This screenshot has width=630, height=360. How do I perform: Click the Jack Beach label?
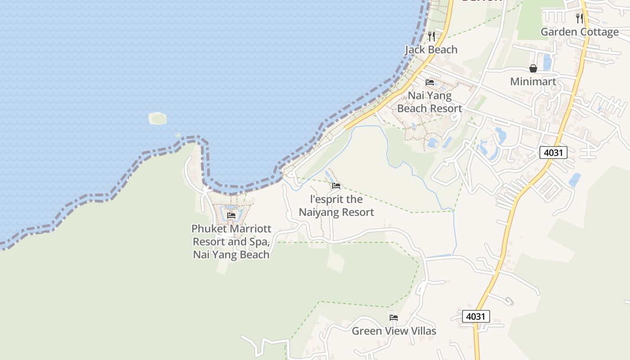click(x=431, y=49)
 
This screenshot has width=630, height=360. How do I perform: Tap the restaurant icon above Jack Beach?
click(x=431, y=36)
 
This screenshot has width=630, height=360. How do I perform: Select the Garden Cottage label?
click(x=580, y=32)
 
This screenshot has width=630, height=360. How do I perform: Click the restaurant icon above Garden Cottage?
click(x=580, y=18)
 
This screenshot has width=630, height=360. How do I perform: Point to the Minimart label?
click(x=533, y=82)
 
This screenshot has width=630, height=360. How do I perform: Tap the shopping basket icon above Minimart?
click(x=533, y=68)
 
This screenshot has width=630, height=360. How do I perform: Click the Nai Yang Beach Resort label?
click(x=429, y=102)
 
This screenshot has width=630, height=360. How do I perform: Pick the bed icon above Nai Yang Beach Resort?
click(x=430, y=82)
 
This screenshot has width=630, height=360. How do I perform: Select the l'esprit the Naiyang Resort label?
click(x=336, y=206)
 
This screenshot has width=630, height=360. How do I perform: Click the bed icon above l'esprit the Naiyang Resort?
click(x=336, y=186)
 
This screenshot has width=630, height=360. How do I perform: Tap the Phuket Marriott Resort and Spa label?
click(x=231, y=242)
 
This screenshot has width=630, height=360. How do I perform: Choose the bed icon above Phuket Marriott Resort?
click(x=231, y=216)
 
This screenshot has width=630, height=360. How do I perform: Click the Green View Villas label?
click(x=394, y=331)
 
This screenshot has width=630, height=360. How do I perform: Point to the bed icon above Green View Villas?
click(x=394, y=318)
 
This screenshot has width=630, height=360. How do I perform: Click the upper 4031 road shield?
click(x=553, y=153)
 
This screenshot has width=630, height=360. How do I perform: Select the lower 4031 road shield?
click(x=476, y=316)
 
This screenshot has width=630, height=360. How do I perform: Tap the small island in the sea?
click(x=157, y=118)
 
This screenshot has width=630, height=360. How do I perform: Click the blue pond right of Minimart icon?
click(x=547, y=62)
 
